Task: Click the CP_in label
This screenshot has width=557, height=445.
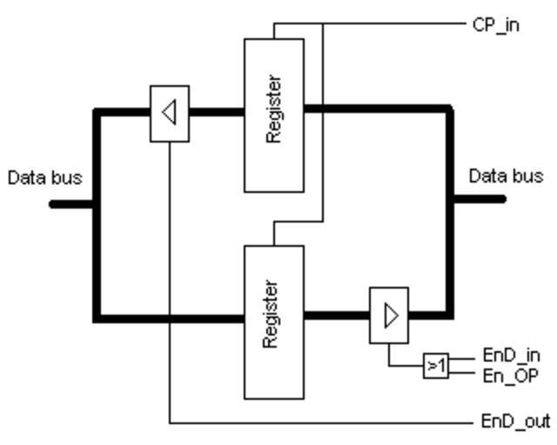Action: [495, 24]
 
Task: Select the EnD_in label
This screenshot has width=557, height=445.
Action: [511, 355]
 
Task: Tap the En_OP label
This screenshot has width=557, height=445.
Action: [510, 375]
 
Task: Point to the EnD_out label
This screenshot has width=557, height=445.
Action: [515, 422]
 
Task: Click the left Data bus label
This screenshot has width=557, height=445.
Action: [44, 178]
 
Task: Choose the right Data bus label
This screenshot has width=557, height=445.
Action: [506, 176]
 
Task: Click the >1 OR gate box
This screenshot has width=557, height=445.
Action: [436, 366]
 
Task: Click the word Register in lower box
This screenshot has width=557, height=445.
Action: [272, 315]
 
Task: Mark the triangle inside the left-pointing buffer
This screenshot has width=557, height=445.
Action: [170, 112]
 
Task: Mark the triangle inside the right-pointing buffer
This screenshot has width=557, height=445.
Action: [391, 315]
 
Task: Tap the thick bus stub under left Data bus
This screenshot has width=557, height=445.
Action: [71, 204]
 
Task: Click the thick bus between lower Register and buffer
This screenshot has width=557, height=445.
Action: [337, 316]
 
